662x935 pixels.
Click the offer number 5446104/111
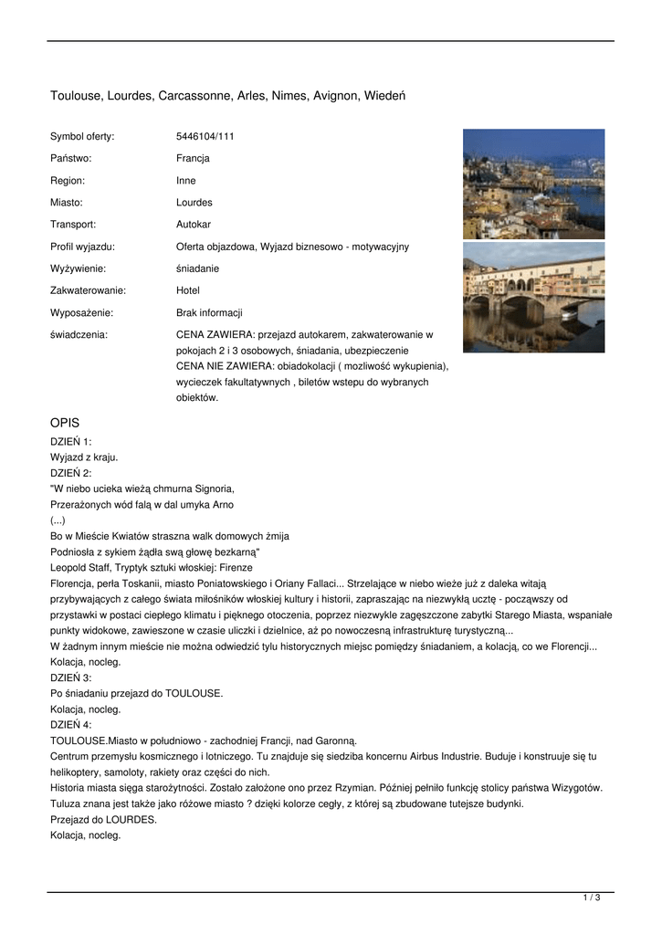(x=205, y=136)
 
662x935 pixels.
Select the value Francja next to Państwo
(x=193, y=158)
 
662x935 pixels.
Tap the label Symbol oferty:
(x=82, y=136)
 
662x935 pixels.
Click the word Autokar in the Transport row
(x=194, y=224)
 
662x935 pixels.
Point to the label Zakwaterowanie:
(x=88, y=290)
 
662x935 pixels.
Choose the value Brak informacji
(x=209, y=312)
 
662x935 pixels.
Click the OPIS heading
(x=65, y=423)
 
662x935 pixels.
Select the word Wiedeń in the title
(x=386, y=95)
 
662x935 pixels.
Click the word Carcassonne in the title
(x=195, y=95)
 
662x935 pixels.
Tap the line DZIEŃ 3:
(x=71, y=678)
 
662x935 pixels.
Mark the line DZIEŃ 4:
(x=71, y=724)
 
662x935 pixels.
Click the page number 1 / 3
(x=591, y=898)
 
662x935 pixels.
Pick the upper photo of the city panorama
(x=533, y=184)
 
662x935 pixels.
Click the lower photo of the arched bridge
(x=533, y=297)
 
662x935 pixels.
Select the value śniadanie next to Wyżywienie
(x=197, y=268)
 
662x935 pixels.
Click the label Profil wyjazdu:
(x=82, y=247)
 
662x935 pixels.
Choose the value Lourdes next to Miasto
(x=194, y=202)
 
